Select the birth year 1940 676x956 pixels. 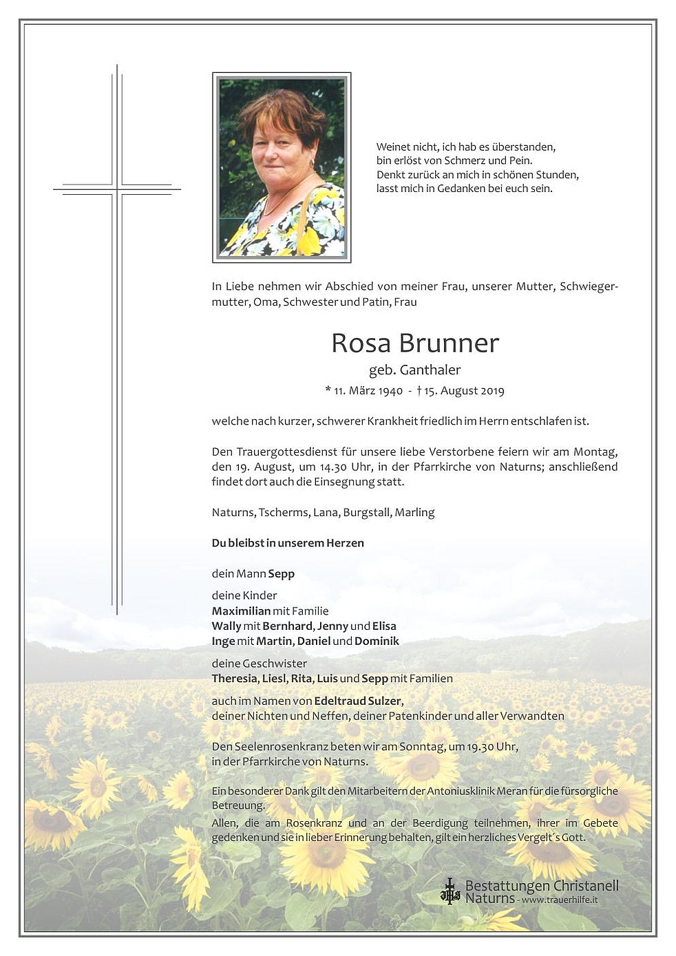point(390,391)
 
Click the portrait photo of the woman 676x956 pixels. point(282,167)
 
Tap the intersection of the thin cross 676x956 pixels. point(117,189)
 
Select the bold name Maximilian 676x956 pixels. point(241,611)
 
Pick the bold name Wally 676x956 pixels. point(226,626)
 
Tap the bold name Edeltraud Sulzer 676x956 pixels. point(358,701)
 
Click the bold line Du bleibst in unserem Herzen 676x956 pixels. point(288,543)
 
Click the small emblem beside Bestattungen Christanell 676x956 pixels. point(450,891)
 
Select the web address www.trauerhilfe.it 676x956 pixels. point(560,900)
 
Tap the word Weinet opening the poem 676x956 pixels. point(393,147)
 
